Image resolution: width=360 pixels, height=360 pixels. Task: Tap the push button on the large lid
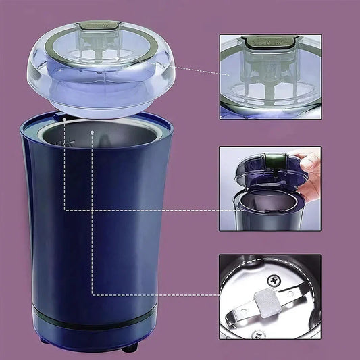(101, 26)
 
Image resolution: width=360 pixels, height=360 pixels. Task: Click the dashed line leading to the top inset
(196, 68)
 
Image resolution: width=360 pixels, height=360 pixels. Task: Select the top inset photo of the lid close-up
(270, 77)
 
